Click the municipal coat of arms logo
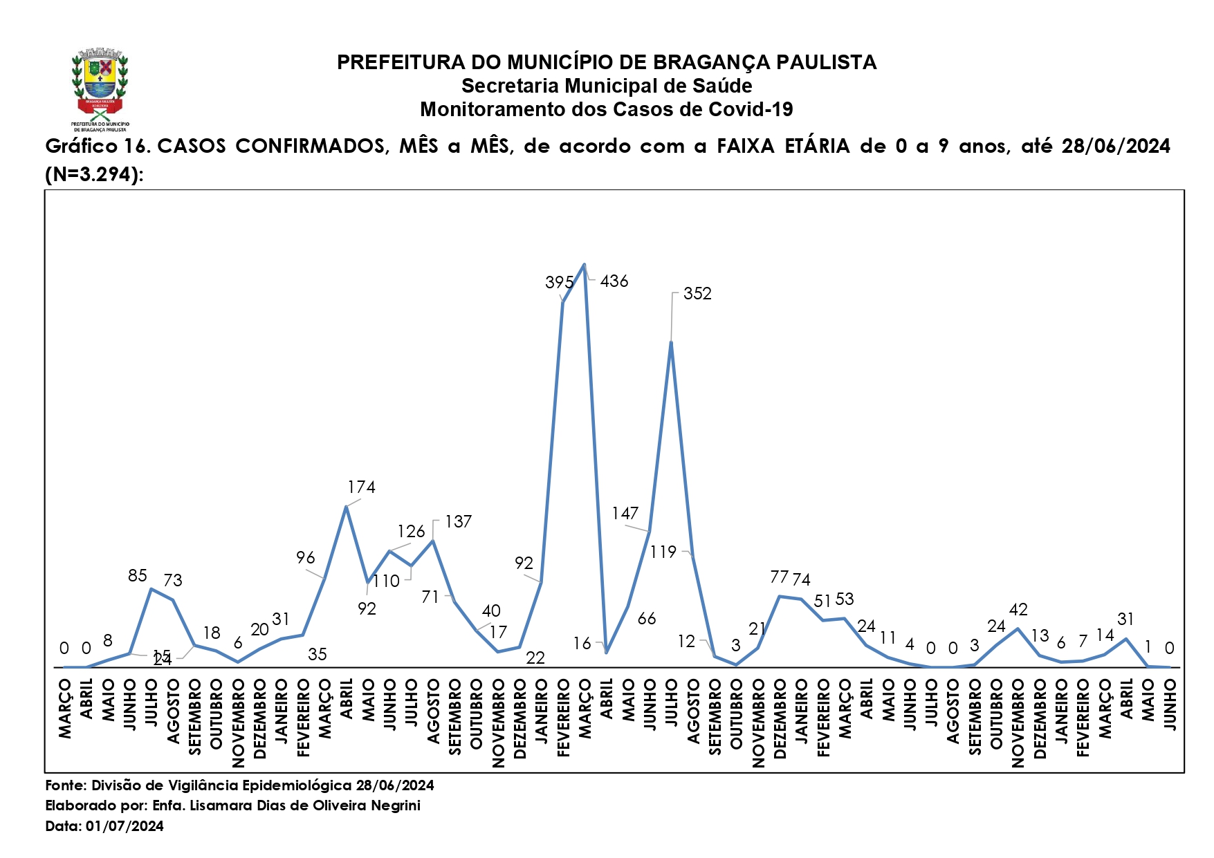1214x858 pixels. pyautogui.click(x=100, y=88)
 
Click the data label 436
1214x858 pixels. pyautogui.click(x=614, y=281)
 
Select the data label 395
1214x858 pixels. pyautogui.click(x=559, y=283)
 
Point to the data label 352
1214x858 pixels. pyautogui.click(x=697, y=294)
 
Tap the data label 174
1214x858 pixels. pyautogui.click(x=361, y=487)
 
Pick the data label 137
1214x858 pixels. pyautogui.click(x=458, y=522)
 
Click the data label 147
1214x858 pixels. pyautogui.click(x=625, y=514)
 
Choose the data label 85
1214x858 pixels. pyautogui.click(x=138, y=576)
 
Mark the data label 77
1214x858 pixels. pyautogui.click(x=779, y=577)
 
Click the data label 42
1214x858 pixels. pyautogui.click(x=1018, y=610)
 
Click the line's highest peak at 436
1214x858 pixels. pyautogui.click(x=585, y=264)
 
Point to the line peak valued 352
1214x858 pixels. pyautogui.click(x=671, y=342)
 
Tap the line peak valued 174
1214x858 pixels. pyautogui.click(x=346, y=507)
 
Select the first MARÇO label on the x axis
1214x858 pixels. pyautogui.click(x=65, y=709)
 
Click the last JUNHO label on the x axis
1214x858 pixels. pyautogui.click(x=1170, y=705)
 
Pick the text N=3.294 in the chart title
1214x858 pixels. pyautogui.click(x=93, y=175)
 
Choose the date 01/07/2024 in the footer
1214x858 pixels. pyautogui.click(x=125, y=826)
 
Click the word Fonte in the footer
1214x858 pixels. pyautogui.click(x=65, y=785)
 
